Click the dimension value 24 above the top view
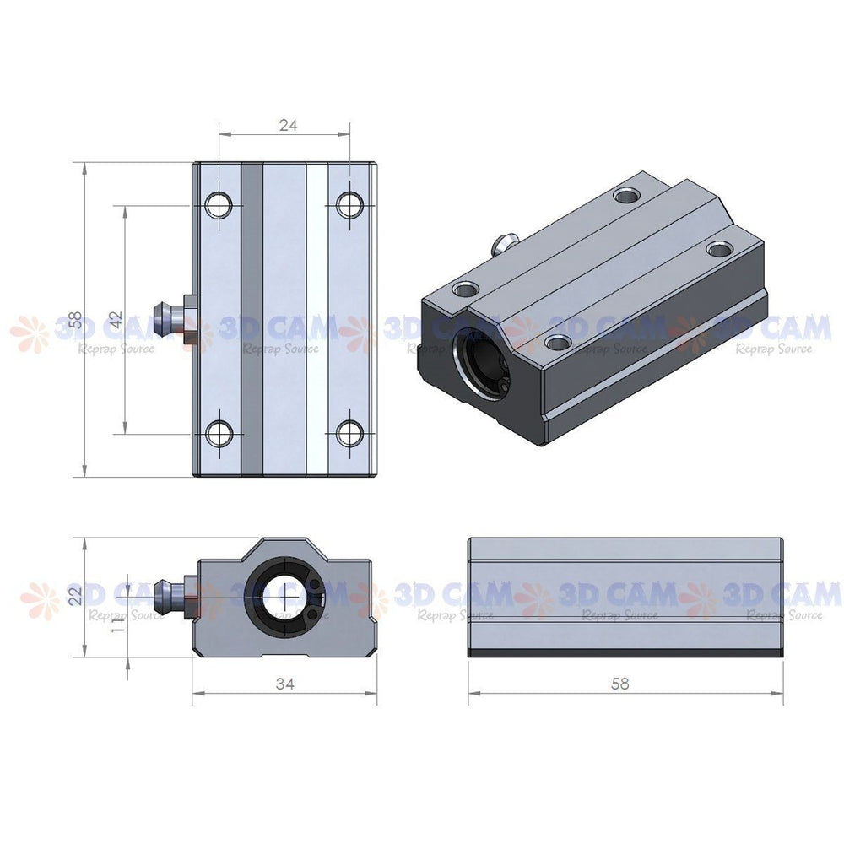click(288, 124)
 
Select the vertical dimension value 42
click(116, 320)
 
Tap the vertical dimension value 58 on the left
click(76, 320)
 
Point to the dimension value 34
click(285, 684)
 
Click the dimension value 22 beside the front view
click(76, 596)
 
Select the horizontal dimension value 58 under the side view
click(619, 684)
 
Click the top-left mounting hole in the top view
click(220, 203)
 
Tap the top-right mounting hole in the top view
click(349, 203)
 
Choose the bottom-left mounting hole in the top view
click(220, 434)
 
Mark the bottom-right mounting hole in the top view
click(349, 434)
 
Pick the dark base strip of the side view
click(625, 652)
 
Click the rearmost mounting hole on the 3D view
click(625, 196)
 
